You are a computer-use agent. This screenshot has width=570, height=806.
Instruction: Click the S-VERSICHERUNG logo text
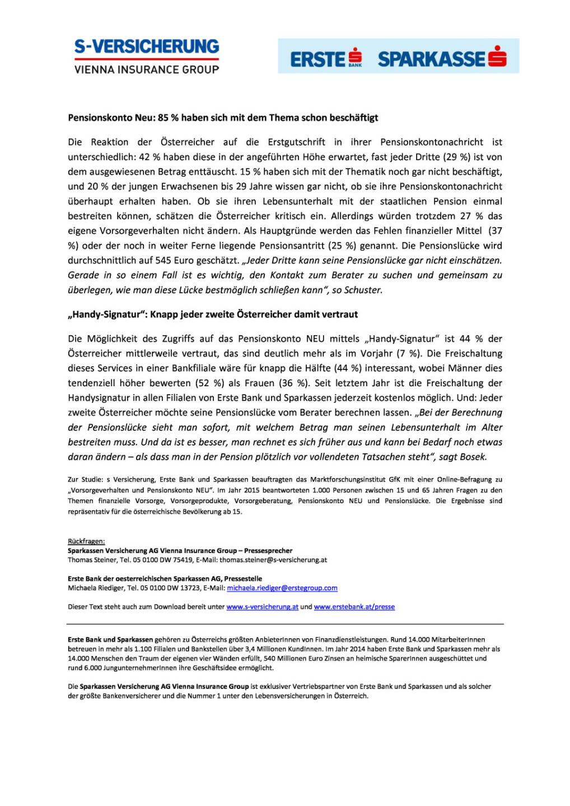tap(146, 46)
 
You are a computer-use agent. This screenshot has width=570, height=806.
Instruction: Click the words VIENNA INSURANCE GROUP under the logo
tap(146, 69)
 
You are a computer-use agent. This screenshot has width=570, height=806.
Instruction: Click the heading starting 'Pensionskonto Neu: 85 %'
tap(223, 118)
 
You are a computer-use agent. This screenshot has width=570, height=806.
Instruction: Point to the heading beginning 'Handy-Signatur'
tap(213, 315)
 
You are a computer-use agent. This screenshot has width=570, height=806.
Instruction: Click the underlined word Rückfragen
tap(86, 541)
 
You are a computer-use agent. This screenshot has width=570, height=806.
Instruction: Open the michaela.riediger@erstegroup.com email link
tap(282, 588)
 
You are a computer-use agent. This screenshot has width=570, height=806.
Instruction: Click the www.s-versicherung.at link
tap(262, 607)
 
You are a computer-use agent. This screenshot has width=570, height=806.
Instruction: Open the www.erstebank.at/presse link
tap(354, 607)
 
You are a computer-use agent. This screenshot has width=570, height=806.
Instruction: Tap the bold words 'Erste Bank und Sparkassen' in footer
tap(110, 640)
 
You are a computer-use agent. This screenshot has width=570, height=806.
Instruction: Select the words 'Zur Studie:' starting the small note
tap(85, 480)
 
